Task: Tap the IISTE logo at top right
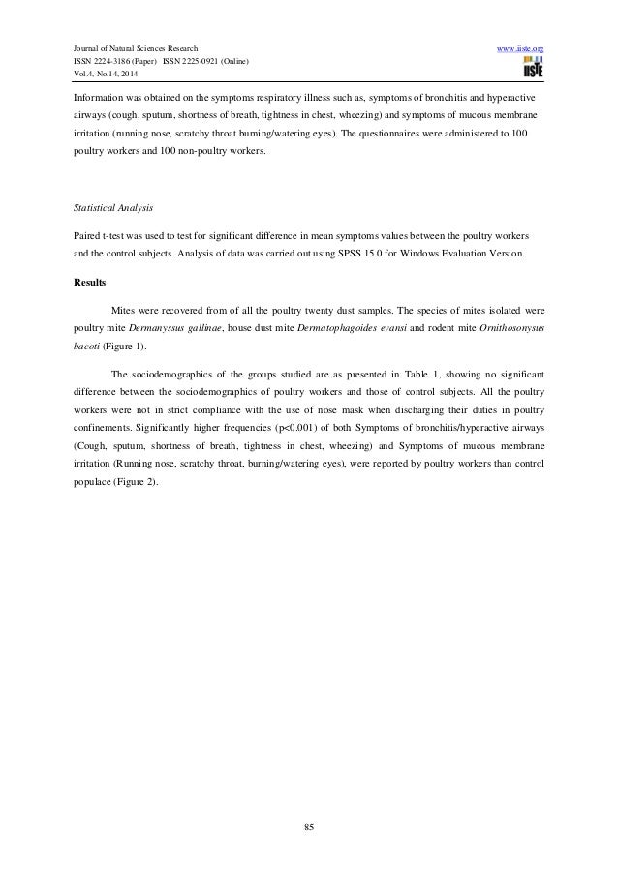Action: [x=532, y=68]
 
